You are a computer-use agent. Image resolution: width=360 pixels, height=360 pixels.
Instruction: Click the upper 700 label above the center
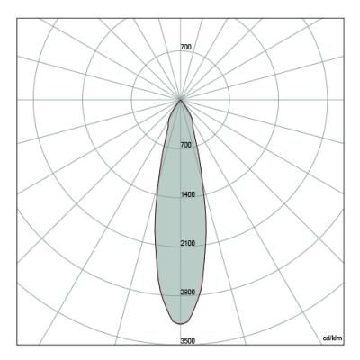pos(185,47)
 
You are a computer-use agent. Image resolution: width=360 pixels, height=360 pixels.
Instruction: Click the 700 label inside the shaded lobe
pos(185,145)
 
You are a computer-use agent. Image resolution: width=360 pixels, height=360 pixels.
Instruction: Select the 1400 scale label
pos(188,194)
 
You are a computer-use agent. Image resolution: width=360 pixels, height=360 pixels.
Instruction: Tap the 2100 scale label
pos(188,243)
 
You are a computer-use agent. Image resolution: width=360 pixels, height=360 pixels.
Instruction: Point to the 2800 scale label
pos(188,292)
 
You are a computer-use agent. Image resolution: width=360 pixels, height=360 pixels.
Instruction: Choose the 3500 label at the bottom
pos(188,341)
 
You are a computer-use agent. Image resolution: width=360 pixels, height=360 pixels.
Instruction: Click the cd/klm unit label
pos(332,338)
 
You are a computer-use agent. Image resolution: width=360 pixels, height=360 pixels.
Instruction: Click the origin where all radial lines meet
pos(180,100)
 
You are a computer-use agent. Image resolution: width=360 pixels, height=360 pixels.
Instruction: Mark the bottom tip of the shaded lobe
pos(180,324)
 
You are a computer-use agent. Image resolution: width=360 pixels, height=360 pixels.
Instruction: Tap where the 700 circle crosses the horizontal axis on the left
pos(131,100)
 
